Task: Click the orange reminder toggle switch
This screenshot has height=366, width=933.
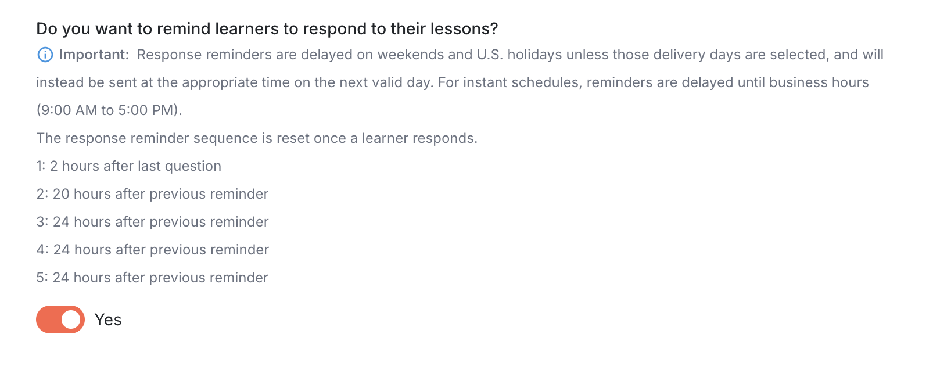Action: pos(60,320)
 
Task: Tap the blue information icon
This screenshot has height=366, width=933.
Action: pos(45,55)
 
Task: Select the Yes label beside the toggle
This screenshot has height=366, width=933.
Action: pos(108,320)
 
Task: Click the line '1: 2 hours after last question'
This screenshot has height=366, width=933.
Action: pos(129,166)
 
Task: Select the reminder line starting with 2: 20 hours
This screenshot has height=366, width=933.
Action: pos(152,194)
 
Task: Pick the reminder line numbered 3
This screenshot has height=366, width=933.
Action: pos(152,222)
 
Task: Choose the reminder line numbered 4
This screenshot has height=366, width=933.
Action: pos(152,250)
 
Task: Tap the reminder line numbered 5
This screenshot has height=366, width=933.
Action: pos(152,278)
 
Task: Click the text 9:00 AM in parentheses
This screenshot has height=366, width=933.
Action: pos(69,110)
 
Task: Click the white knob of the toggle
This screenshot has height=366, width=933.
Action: pos(71,320)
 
